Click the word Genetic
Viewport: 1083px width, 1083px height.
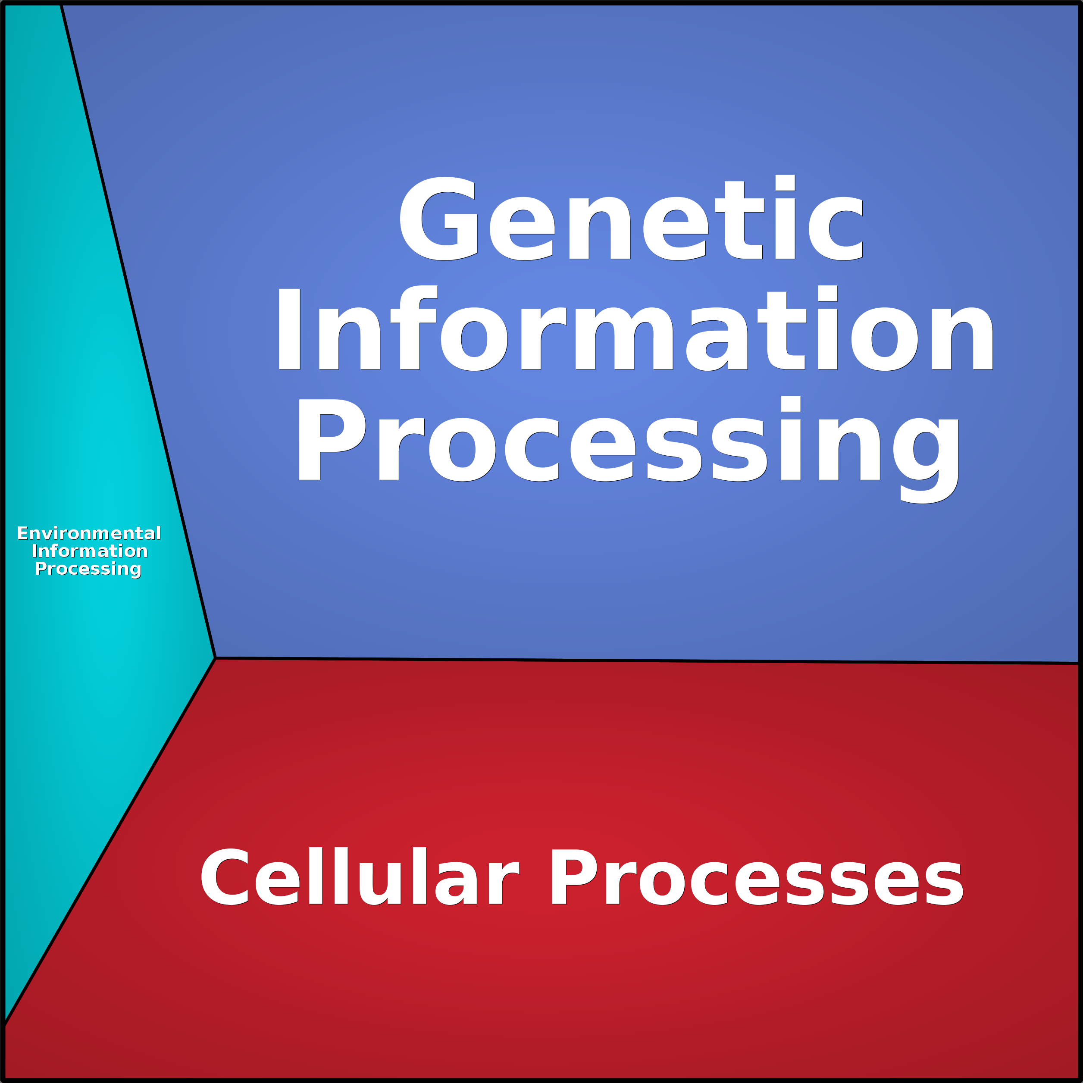[x=631, y=218]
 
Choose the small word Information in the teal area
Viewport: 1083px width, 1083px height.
[x=90, y=551]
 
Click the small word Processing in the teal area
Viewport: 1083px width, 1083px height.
[x=88, y=569]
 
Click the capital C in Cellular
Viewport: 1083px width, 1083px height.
[x=225, y=876]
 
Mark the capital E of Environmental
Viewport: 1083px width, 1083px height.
[x=22, y=533]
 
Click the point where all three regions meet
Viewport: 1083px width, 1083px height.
[x=215, y=658]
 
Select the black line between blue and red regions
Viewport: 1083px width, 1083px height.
[x=647, y=661]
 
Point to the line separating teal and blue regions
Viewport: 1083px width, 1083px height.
[x=138, y=331]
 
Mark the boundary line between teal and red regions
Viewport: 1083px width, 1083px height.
[x=110, y=842]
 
